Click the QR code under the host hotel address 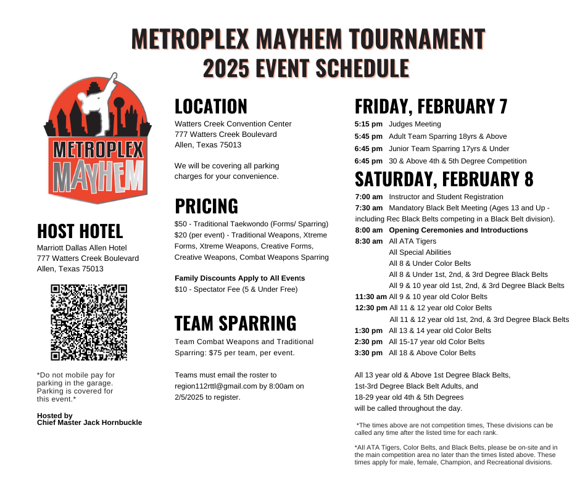[89, 322]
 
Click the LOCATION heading [210, 106]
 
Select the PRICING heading [206, 205]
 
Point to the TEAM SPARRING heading [235, 323]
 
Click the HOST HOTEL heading [80, 231]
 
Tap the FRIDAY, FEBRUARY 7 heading [431, 106]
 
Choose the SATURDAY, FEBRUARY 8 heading [444, 179]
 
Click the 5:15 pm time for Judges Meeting [368, 124]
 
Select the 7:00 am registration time [369, 196]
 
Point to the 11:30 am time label [371, 297]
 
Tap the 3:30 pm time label [368, 353]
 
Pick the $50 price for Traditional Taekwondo [181, 223]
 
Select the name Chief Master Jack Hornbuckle [89, 422]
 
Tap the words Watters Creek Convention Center [233, 124]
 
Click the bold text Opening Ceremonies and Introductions [458, 230]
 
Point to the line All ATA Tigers [412, 241]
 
